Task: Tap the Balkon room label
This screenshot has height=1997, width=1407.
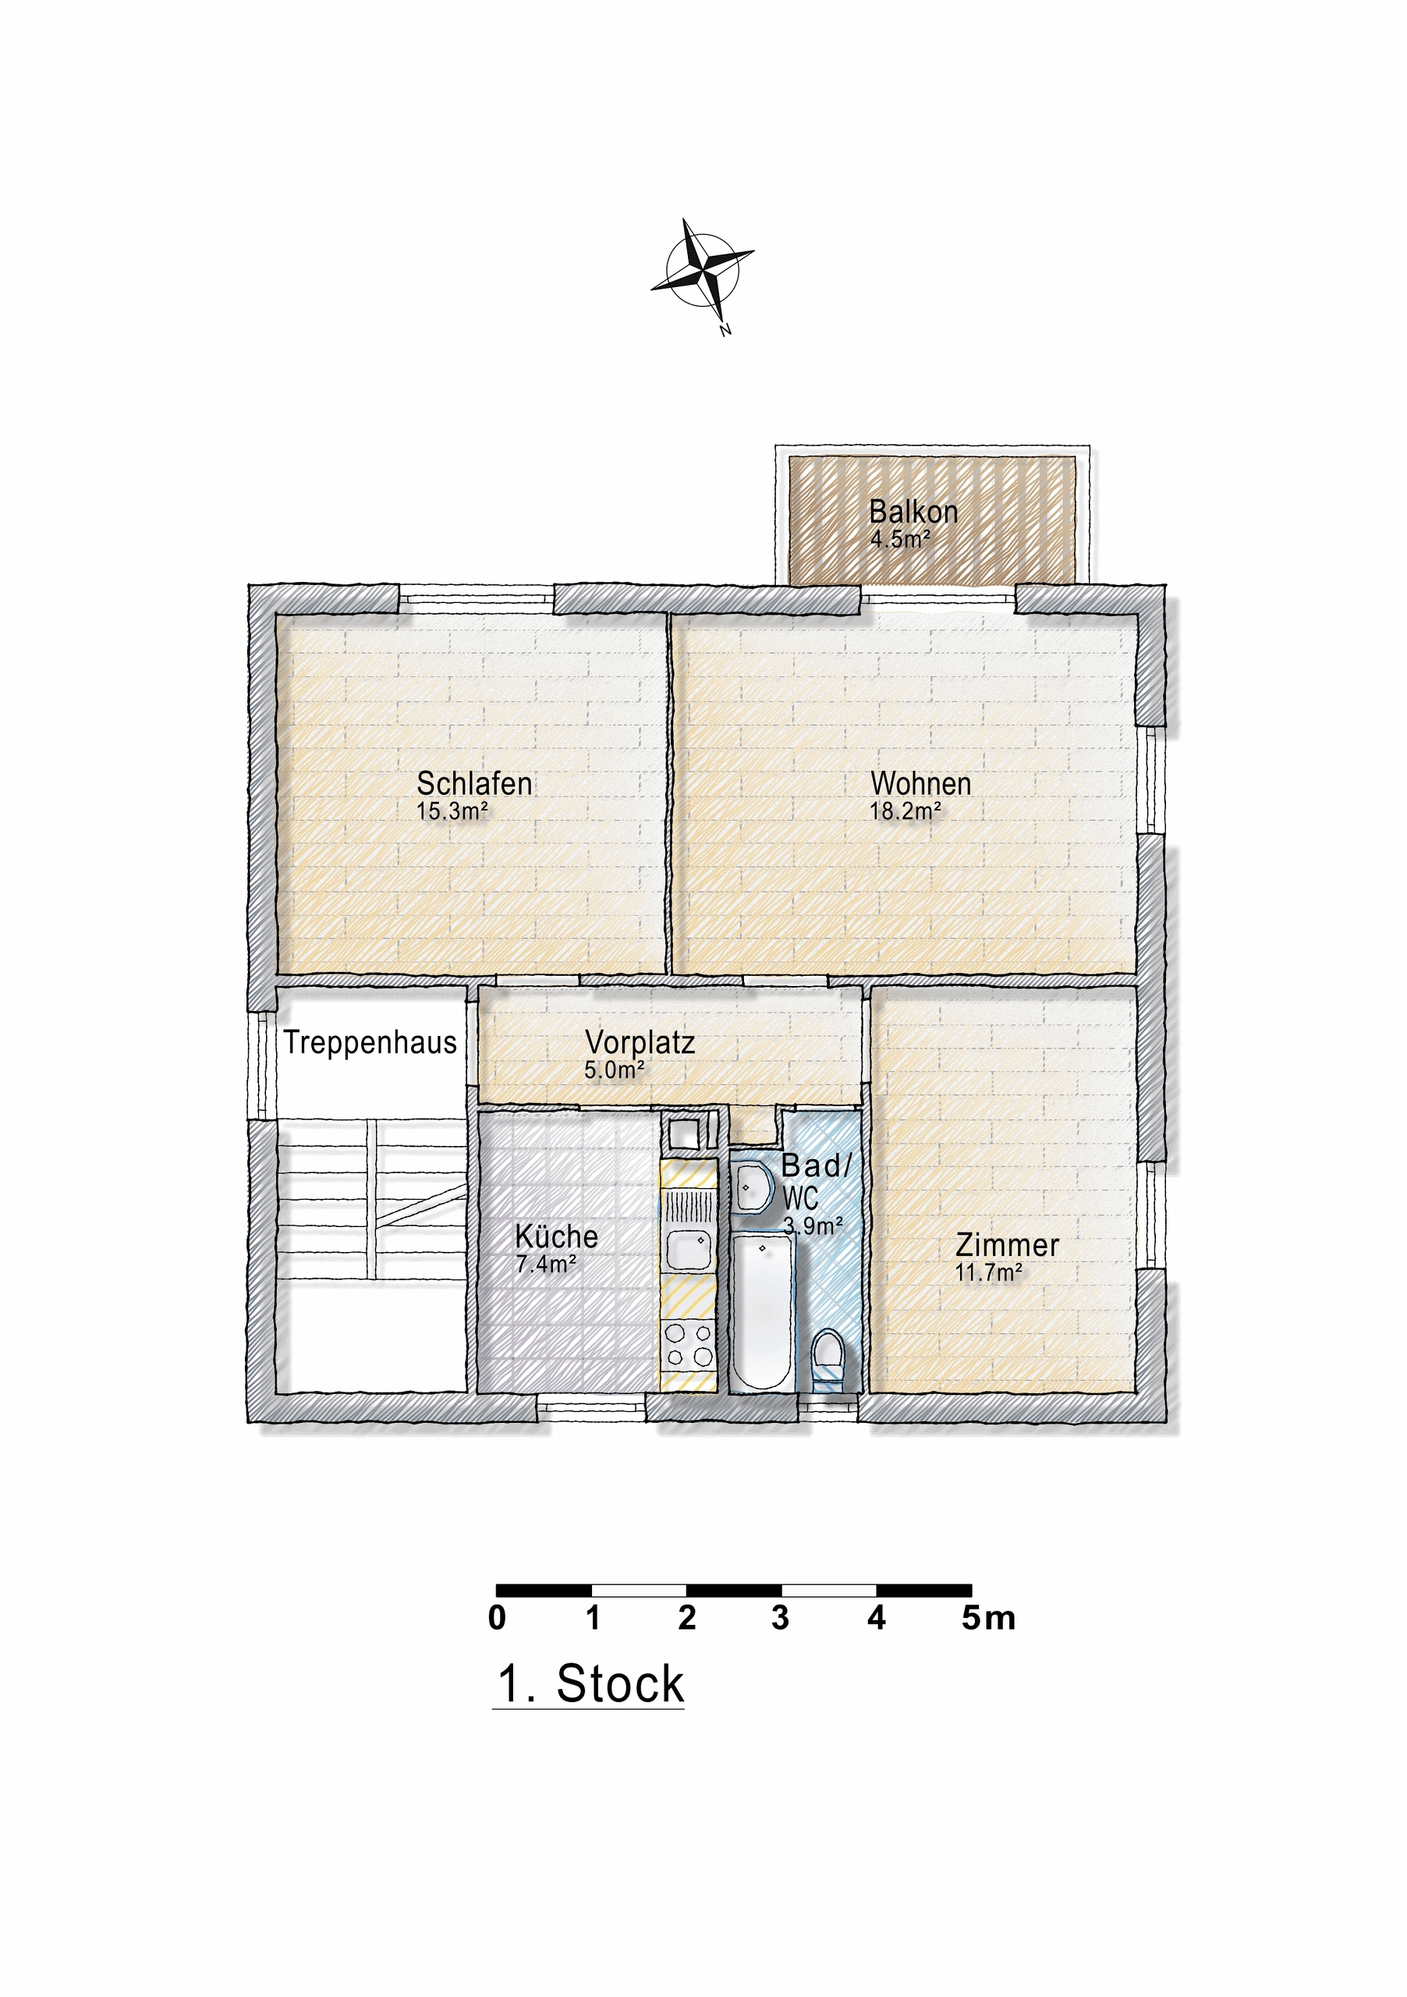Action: [913, 512]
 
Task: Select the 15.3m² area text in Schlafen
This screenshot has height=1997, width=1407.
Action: [452, 811]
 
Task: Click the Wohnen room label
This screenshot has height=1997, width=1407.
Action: [920, 784]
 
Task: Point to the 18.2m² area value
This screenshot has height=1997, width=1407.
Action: [905, 811]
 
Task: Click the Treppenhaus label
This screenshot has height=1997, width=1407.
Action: [370, 1042]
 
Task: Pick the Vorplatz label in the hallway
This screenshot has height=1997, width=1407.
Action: [639, 1042]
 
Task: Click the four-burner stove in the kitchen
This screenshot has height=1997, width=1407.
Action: [689, 1345]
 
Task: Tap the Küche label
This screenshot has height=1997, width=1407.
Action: [555, 1236]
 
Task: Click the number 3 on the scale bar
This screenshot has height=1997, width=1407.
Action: [780, 1618]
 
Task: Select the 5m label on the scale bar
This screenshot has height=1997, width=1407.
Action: [988, 1618]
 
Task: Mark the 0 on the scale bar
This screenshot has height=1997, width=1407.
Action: [497, 1618]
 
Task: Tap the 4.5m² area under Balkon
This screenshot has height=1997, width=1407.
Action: [900, 539]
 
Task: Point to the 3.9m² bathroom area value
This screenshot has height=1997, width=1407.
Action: [812, 1226]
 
